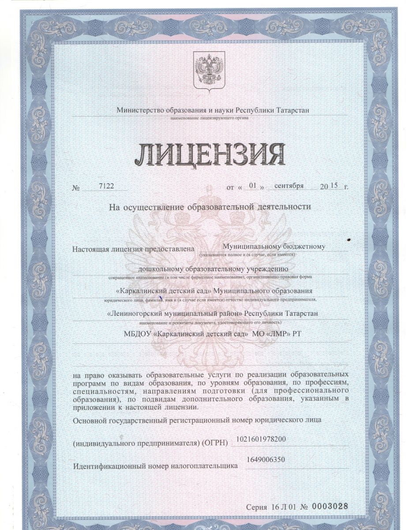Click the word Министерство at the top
click(140, 110)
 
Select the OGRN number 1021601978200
click(261, 439)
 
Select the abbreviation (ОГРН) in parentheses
click(215, 443)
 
